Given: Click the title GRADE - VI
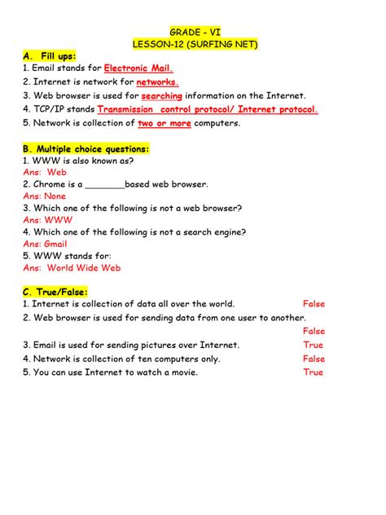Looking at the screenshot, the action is pos(194,30).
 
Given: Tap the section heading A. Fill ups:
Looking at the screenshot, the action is pos(50,56).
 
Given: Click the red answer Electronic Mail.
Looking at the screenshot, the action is pos(138,69).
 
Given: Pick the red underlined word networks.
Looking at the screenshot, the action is pos(157,82).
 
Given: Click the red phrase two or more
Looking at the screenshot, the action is pos(164,123).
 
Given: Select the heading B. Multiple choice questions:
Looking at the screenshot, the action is pos(86,149).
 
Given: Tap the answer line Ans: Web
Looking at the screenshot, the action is pos(45,173).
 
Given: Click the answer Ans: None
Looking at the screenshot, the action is pos(45,196).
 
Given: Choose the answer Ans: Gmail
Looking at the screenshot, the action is pos(46,244).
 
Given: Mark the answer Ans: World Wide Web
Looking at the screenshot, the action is pos(72,267).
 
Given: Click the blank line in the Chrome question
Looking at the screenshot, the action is pos(104,185).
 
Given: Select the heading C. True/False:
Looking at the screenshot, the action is pos(55,292).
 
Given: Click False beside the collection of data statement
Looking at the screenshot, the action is pos(314,304).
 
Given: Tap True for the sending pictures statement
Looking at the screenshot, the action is pos(314,345).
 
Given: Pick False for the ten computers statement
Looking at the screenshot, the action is pos(314,359).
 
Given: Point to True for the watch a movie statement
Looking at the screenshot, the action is pos(314,372).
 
